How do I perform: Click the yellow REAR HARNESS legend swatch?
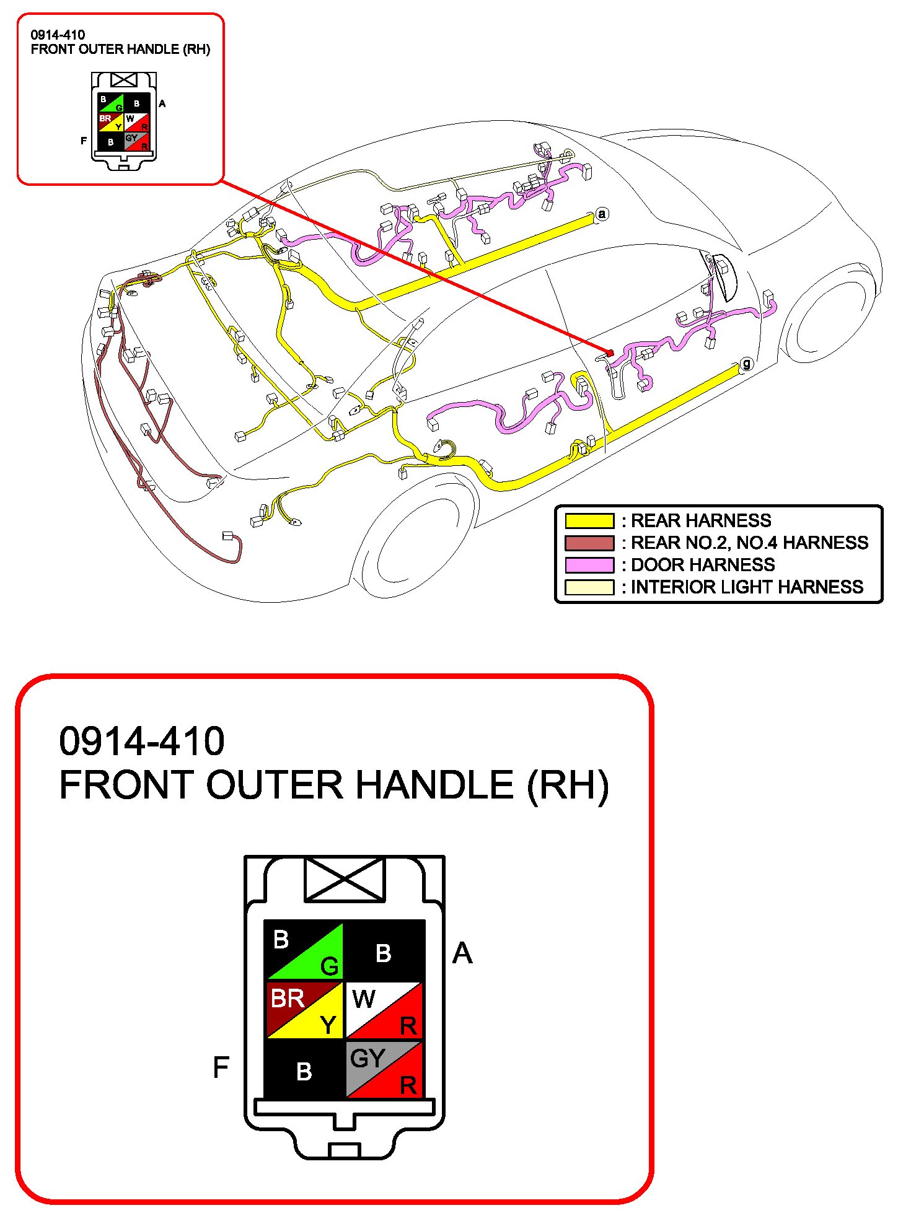pyautogui.click(x=589, y=520)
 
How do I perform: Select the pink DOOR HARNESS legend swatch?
pyautogui.click(x=589, y=565)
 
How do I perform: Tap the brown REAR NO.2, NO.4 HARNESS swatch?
pyautogui.click(x=589, y=543)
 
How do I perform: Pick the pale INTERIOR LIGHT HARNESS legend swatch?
pyautogui.click(x=589, y=587)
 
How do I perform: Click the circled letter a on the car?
pyautogui.click(x=602, y=214)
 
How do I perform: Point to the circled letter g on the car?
pyautogui.click(x=747, y=364)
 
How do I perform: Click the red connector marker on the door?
pyautogui.click(x=610, y=353)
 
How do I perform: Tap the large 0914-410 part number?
pyautogui.click(x=141, y=741)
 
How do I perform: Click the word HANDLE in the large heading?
pyautogui.click(x=434, y=786)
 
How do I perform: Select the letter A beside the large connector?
pyautogui.click(x=462, y=953)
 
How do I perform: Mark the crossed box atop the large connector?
pyautogui.click(x=345, y=879)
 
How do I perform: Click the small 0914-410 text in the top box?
pyautogui.click(x=58, y=35)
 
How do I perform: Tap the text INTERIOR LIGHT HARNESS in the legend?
pyautogui.click(x=747, y=587)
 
